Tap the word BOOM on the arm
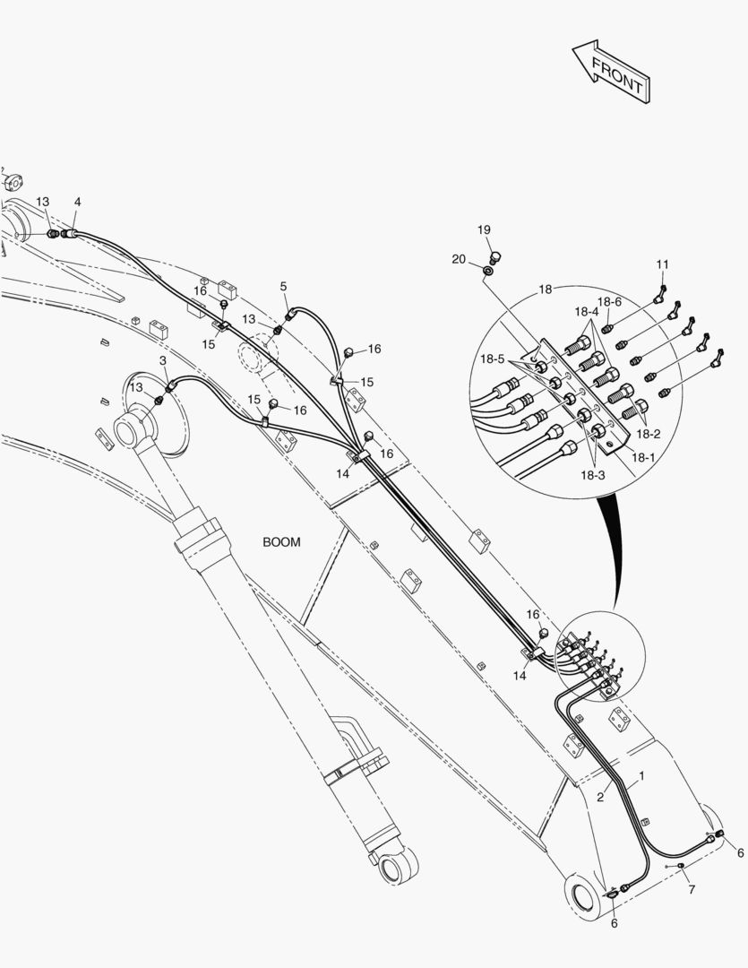pyautogui.click(x=281, y=542)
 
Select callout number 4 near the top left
pyautogui.click(x=78, y=203)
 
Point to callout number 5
pyautogui.click(x=283, y=287)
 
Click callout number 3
pyautogui.click(x=163, y=360)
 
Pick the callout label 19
pyautogui.click(x=484, y=230)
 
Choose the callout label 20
pyautogui.click(x=459, y=259)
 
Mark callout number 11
pyautogui.click(x=662, y=264)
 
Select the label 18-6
pyautogui.click(x=610, y=302)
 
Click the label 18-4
pyautogui.click(x=586, y=312)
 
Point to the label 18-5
pyautogui.click(x=491, y=359)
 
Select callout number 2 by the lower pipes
pyautogui.click(x=600, y=796)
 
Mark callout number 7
pyautogui.click(x=691, y=889)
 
